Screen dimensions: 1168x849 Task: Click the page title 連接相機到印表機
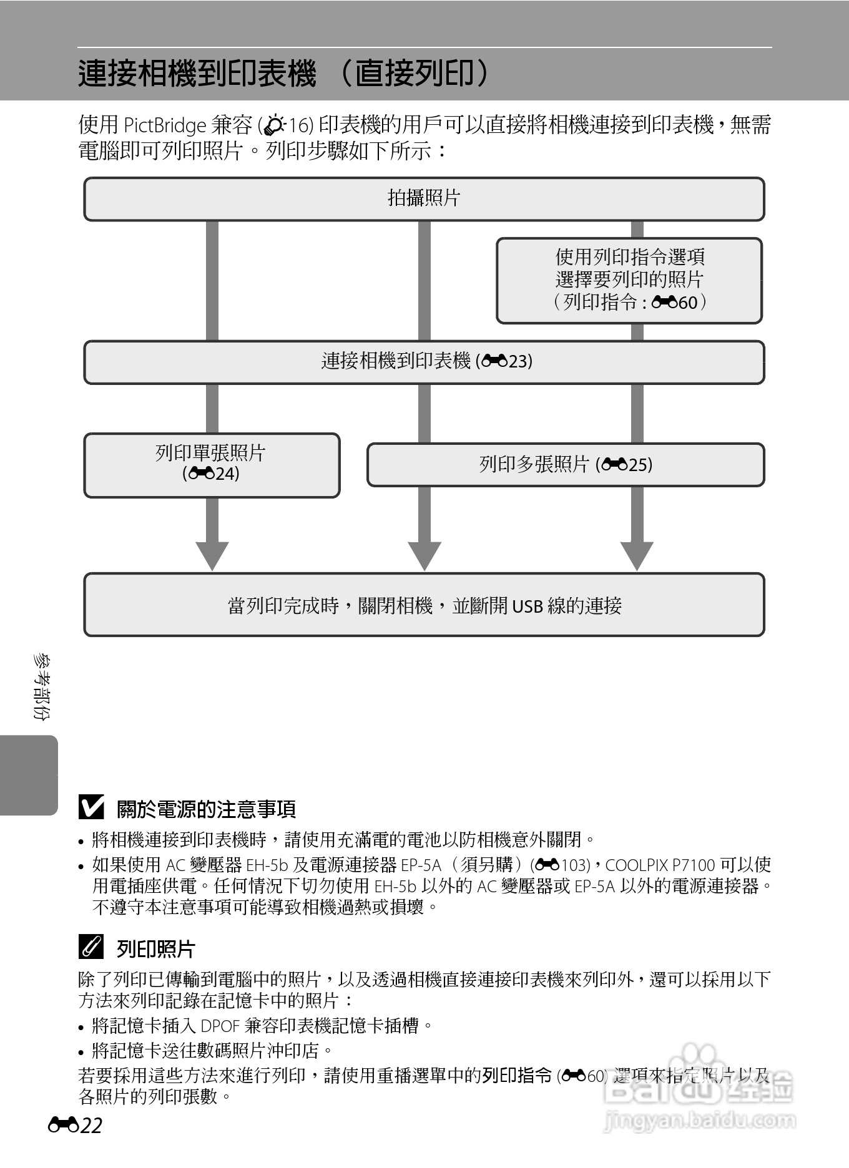pyautogui.click(x=197, y=74)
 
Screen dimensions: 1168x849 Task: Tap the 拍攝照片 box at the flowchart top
pyautogui.click(x=424, y=199)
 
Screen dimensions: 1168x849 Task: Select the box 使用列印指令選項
pyautogui.click(x=629, y=280)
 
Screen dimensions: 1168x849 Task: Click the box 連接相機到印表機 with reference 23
pyautogui.click(x=424, y=362)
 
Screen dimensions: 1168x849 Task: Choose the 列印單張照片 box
pyautogui.click(x=212, y=465)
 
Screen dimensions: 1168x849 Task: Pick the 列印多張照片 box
pyautogui.click(x=566, y=465)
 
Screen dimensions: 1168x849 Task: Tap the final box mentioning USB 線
pyautogui.click(x=424, y=605)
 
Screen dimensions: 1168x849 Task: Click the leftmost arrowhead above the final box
pyautogui.click(x=212, y=555)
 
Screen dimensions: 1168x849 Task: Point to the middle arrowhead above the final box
pyautogui.click(x=424, y=555)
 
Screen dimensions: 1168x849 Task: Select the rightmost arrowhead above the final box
pyautogui.click(x=637, y=555)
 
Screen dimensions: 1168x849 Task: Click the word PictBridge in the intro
pyautogui.click(x=165, y=125)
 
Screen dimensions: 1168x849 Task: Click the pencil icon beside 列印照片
pyautogui.click(x=91, y=948)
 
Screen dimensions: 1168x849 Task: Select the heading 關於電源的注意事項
pyautogui.click(x=206, y=809)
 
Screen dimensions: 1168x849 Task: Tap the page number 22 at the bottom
pyautogui.click(x=91, y=1126)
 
